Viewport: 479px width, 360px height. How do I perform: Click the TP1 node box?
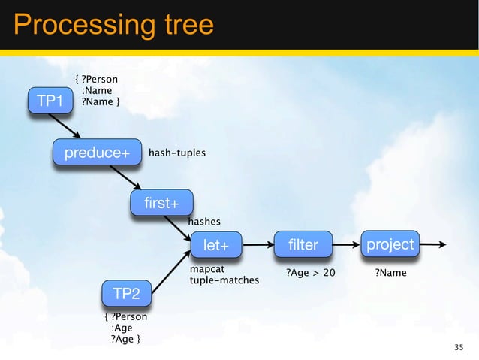(50, 101)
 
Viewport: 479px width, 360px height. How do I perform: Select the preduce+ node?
(97, 153)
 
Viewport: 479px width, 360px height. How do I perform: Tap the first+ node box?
(161, 203)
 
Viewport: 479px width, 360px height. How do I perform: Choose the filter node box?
(303, 244)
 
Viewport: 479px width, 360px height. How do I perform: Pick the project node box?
(390, 244)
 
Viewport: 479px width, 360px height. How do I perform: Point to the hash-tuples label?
(177, 153)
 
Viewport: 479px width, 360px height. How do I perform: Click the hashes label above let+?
(204, 222)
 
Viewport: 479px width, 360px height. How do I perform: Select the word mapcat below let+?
(207, 268)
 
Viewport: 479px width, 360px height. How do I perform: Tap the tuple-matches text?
(224, 280)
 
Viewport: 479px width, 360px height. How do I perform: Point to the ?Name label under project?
(390, 273)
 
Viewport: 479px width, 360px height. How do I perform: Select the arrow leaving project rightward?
(435, 244)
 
